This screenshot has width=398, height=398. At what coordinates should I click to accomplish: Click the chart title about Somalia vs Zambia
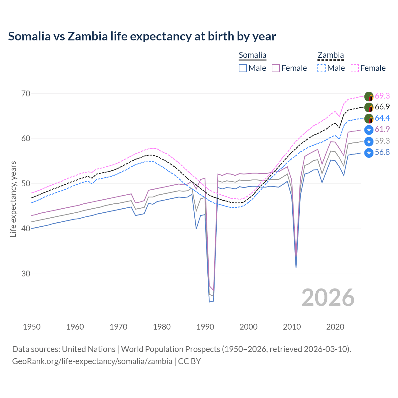pyautogui.click(x=142, y=36)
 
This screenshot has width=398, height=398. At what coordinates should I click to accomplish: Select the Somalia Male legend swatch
pyautogui.click(x=243, y=68)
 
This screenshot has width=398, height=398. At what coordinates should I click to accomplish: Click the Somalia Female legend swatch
pyautogui.click(x=276, y=68)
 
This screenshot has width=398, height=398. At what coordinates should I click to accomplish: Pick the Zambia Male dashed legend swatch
pyautogui.click(x=322, y=68)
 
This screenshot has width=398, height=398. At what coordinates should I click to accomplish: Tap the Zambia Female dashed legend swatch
pyautogui.click(x=355, y=68)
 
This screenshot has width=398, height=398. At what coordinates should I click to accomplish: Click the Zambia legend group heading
pyautogui.click(x=331, y=55)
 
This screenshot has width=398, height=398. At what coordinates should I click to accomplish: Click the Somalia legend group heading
pyautogui.click(x=252, y=55)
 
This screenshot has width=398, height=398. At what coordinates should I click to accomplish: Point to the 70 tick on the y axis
pyautogui.click(x=26, y=94)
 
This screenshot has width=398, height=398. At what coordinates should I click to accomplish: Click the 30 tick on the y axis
pyautogui.click(x=26, y=274)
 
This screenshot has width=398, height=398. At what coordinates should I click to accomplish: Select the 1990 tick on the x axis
pyautogui.click(x=205, y=327)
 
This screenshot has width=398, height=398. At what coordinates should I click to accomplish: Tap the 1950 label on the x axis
pyautogui.click(x=32, y=327)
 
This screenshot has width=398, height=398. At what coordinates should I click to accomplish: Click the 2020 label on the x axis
pyautogui.click(x=335, y=327)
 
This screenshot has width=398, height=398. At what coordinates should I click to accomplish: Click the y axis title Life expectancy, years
pyautogui.click(x=13, y=199)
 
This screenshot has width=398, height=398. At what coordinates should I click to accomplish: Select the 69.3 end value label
pyautogui.click(x=382, y=96)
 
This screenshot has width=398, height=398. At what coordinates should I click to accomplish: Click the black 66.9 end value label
pyautogui.click(x=382, y=107)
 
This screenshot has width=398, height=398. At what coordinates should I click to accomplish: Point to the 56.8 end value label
pyautogui.click(x=382, y=152)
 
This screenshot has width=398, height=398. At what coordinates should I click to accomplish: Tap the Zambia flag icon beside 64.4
pyautogui.click(x=369, y=118)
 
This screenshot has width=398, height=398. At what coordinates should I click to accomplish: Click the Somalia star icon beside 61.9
pyautogui.click(x=369, y=130)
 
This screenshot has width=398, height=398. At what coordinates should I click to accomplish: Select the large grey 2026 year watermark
pyautogui.click(x=328, y=298)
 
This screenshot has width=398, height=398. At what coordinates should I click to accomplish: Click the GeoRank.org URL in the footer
pyautogui.click(x=92, y=361)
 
